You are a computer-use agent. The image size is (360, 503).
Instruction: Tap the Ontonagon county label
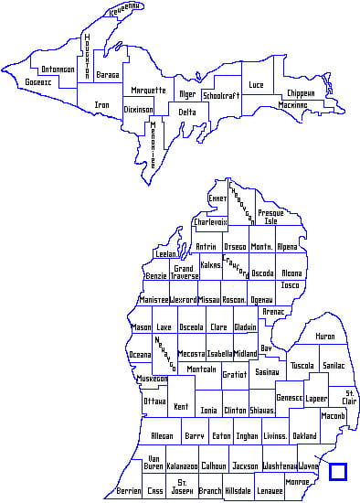(x=58, y=70)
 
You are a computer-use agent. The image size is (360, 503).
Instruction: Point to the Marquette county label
(x=148, y=91)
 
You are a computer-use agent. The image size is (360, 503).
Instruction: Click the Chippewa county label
(x=301, y=92)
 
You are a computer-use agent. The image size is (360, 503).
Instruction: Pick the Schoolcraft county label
(x=221, y=95)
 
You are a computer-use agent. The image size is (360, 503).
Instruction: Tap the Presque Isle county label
(x=270, y=217)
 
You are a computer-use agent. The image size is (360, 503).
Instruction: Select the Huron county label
(x=325, y=337)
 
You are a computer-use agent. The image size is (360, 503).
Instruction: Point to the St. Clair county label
(x=349, y=397)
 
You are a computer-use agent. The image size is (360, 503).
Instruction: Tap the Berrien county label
(x=129, y=491)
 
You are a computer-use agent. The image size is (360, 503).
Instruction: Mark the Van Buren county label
(x=154, y=462)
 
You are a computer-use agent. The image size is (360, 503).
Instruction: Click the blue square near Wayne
(x=338, y=472)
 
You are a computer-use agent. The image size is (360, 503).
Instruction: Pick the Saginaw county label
(x=267, y=372)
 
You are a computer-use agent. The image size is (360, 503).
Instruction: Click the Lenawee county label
(x=270, y=491)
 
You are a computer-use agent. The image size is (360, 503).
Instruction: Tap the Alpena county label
(x=287, y=247)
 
